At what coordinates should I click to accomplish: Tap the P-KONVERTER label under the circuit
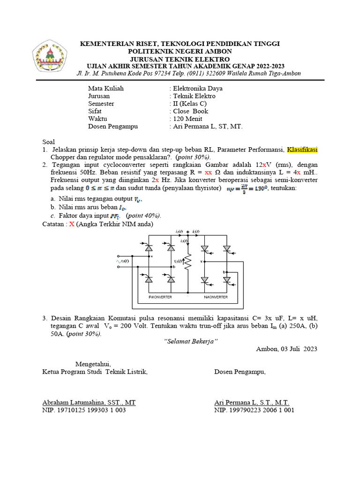click(x=160, y=297)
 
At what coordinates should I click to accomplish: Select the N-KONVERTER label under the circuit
click(x=216, y=297)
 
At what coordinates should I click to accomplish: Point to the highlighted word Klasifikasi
click(x=303, y=150)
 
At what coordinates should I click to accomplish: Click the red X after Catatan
click(x=72, y=224)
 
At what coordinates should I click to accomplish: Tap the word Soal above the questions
click(x=49, y=142)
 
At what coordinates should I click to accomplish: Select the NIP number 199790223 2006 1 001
click(x=254, y=410)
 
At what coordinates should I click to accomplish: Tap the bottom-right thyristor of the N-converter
click(x=226, y=280)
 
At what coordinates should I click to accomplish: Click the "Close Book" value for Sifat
click(x=190, y=111)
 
